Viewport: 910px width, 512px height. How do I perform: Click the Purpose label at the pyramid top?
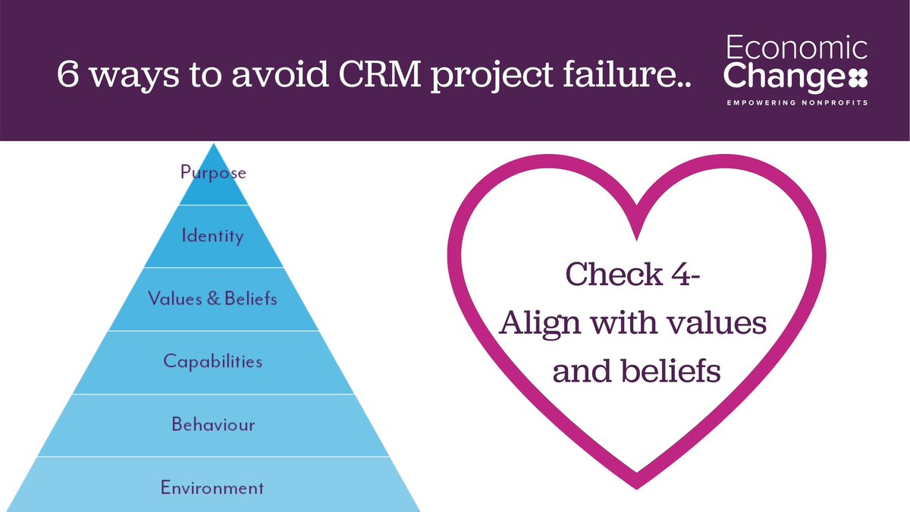[213, 173]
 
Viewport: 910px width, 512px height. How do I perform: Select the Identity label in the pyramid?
[213, 236]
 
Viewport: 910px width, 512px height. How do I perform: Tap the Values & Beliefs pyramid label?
[213, 298]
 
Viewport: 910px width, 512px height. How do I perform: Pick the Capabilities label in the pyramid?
[213, 361]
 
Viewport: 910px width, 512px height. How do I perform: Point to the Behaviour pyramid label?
[213, 424]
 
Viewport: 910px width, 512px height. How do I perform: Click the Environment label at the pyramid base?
[213, 487]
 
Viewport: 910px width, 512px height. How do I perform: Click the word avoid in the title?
[243, 76]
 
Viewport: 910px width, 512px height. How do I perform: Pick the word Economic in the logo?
[796, 49]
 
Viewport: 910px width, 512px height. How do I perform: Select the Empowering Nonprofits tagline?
[796, 102]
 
